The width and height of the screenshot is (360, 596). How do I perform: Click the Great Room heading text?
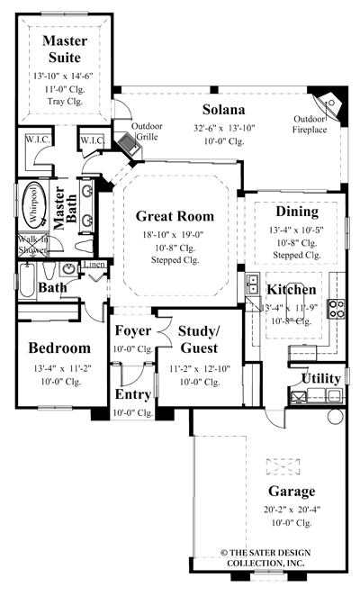[175, 216]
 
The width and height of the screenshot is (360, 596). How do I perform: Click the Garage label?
[291, 492]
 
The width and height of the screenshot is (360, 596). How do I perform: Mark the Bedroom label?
[59, 348]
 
